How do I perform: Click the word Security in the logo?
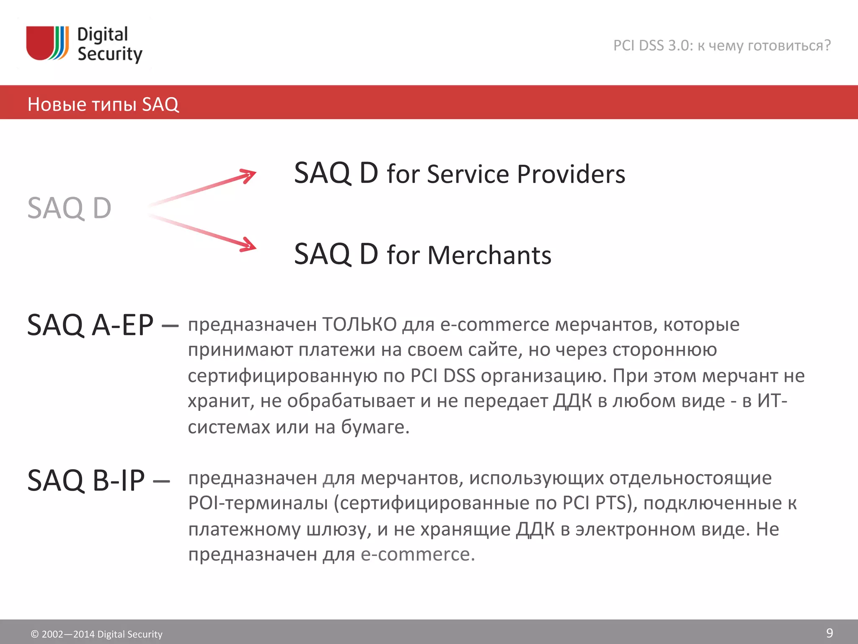coord(110,55)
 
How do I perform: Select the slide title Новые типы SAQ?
coord(103,104)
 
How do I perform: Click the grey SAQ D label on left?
coord(69,208)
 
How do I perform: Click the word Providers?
coord(571,174)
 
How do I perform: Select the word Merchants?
coord(489,255)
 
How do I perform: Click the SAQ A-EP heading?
coord(90,325)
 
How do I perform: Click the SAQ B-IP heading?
coord(86,480)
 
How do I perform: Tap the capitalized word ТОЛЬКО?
coord(359,325)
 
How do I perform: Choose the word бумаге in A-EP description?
coord(374,427)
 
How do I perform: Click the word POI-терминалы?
coord(258,503)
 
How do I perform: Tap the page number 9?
coord(829,633)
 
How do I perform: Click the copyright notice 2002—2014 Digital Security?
coord(97,634)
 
